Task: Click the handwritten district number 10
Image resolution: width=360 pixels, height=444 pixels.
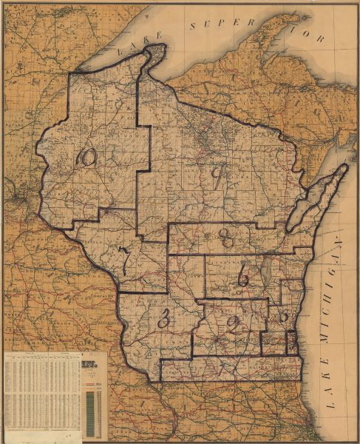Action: point(87,156)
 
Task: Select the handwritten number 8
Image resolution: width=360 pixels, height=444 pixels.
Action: point(227,237)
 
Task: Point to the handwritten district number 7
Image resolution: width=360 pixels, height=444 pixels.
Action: point(126,260)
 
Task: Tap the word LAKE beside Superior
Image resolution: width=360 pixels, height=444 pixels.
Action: point(134,50)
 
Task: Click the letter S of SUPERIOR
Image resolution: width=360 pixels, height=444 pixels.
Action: point(194,27)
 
